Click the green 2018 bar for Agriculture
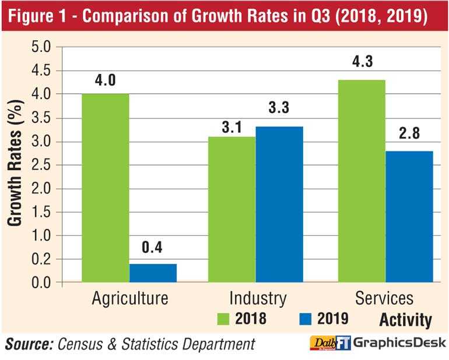(106, 188)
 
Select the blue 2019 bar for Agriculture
(153, 273)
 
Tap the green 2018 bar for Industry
(232, 209)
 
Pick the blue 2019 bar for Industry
(279, 204)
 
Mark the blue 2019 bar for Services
(409, 216)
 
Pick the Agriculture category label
(130, 299)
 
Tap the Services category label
(384, 299)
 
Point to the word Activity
(406, 320)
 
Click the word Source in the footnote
(27, 344)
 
